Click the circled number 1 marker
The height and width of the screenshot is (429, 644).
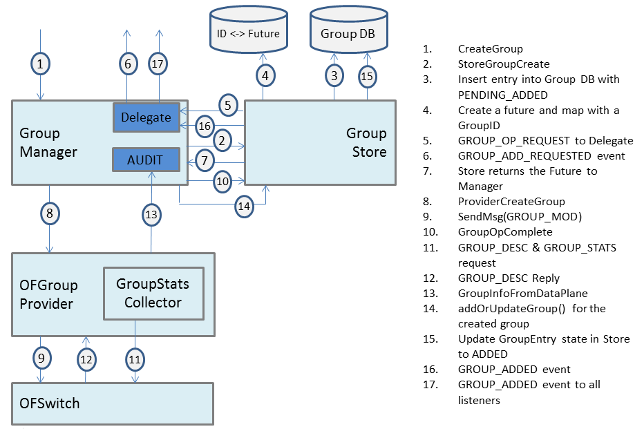(x=41, y=64)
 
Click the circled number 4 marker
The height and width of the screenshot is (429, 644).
(x=265, y=75)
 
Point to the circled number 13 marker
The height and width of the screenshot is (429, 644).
(x=151, y=215)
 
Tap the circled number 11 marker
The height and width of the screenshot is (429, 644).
(x=134, y=359)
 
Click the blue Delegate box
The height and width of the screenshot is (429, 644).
(x=146, y=117)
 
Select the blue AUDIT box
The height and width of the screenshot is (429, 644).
(x=146, y=160)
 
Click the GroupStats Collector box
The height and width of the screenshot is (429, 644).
(x=153, y=293)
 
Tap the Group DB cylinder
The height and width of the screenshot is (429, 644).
(x=348, y=30)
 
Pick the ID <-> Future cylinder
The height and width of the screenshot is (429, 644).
(x=248, y=30)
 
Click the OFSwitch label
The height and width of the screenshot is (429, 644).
(x=48, y=403)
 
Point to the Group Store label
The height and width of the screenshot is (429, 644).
(x=366, y=142)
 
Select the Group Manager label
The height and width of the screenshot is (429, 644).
(x=48, y=142)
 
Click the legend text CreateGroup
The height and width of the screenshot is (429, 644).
(x=490, y=49)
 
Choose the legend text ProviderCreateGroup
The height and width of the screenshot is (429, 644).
(x=511, y=202)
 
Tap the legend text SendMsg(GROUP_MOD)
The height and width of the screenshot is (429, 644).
(x=520, y=217)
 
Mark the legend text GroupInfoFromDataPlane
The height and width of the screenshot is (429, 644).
(x=522, y=293)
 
